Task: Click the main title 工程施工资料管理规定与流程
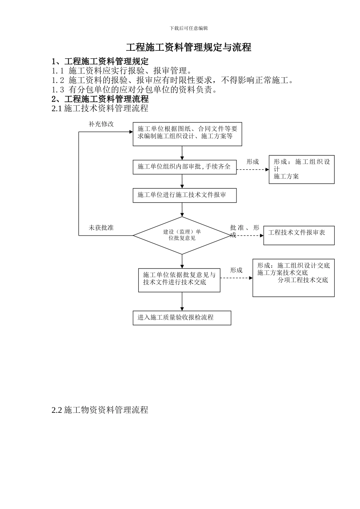(188, 47)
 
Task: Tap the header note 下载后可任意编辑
(188, 28)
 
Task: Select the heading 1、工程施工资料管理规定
(100, 61)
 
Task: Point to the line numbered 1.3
(135, 90)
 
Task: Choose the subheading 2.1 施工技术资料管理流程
(100, 108)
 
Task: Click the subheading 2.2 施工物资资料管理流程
(100, 410)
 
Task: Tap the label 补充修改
(101, 124)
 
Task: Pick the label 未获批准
(101, 228)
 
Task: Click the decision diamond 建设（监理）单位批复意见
(182, 235)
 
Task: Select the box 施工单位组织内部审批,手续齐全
(185, 167)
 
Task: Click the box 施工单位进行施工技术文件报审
(185, 195)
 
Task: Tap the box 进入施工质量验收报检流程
(182, 318)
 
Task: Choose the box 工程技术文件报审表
(299, 235)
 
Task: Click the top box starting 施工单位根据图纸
(187, 134)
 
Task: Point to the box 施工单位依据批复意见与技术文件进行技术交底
(179, 280)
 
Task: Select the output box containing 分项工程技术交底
(293, 278)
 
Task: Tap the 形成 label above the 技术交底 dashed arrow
(236, 270)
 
